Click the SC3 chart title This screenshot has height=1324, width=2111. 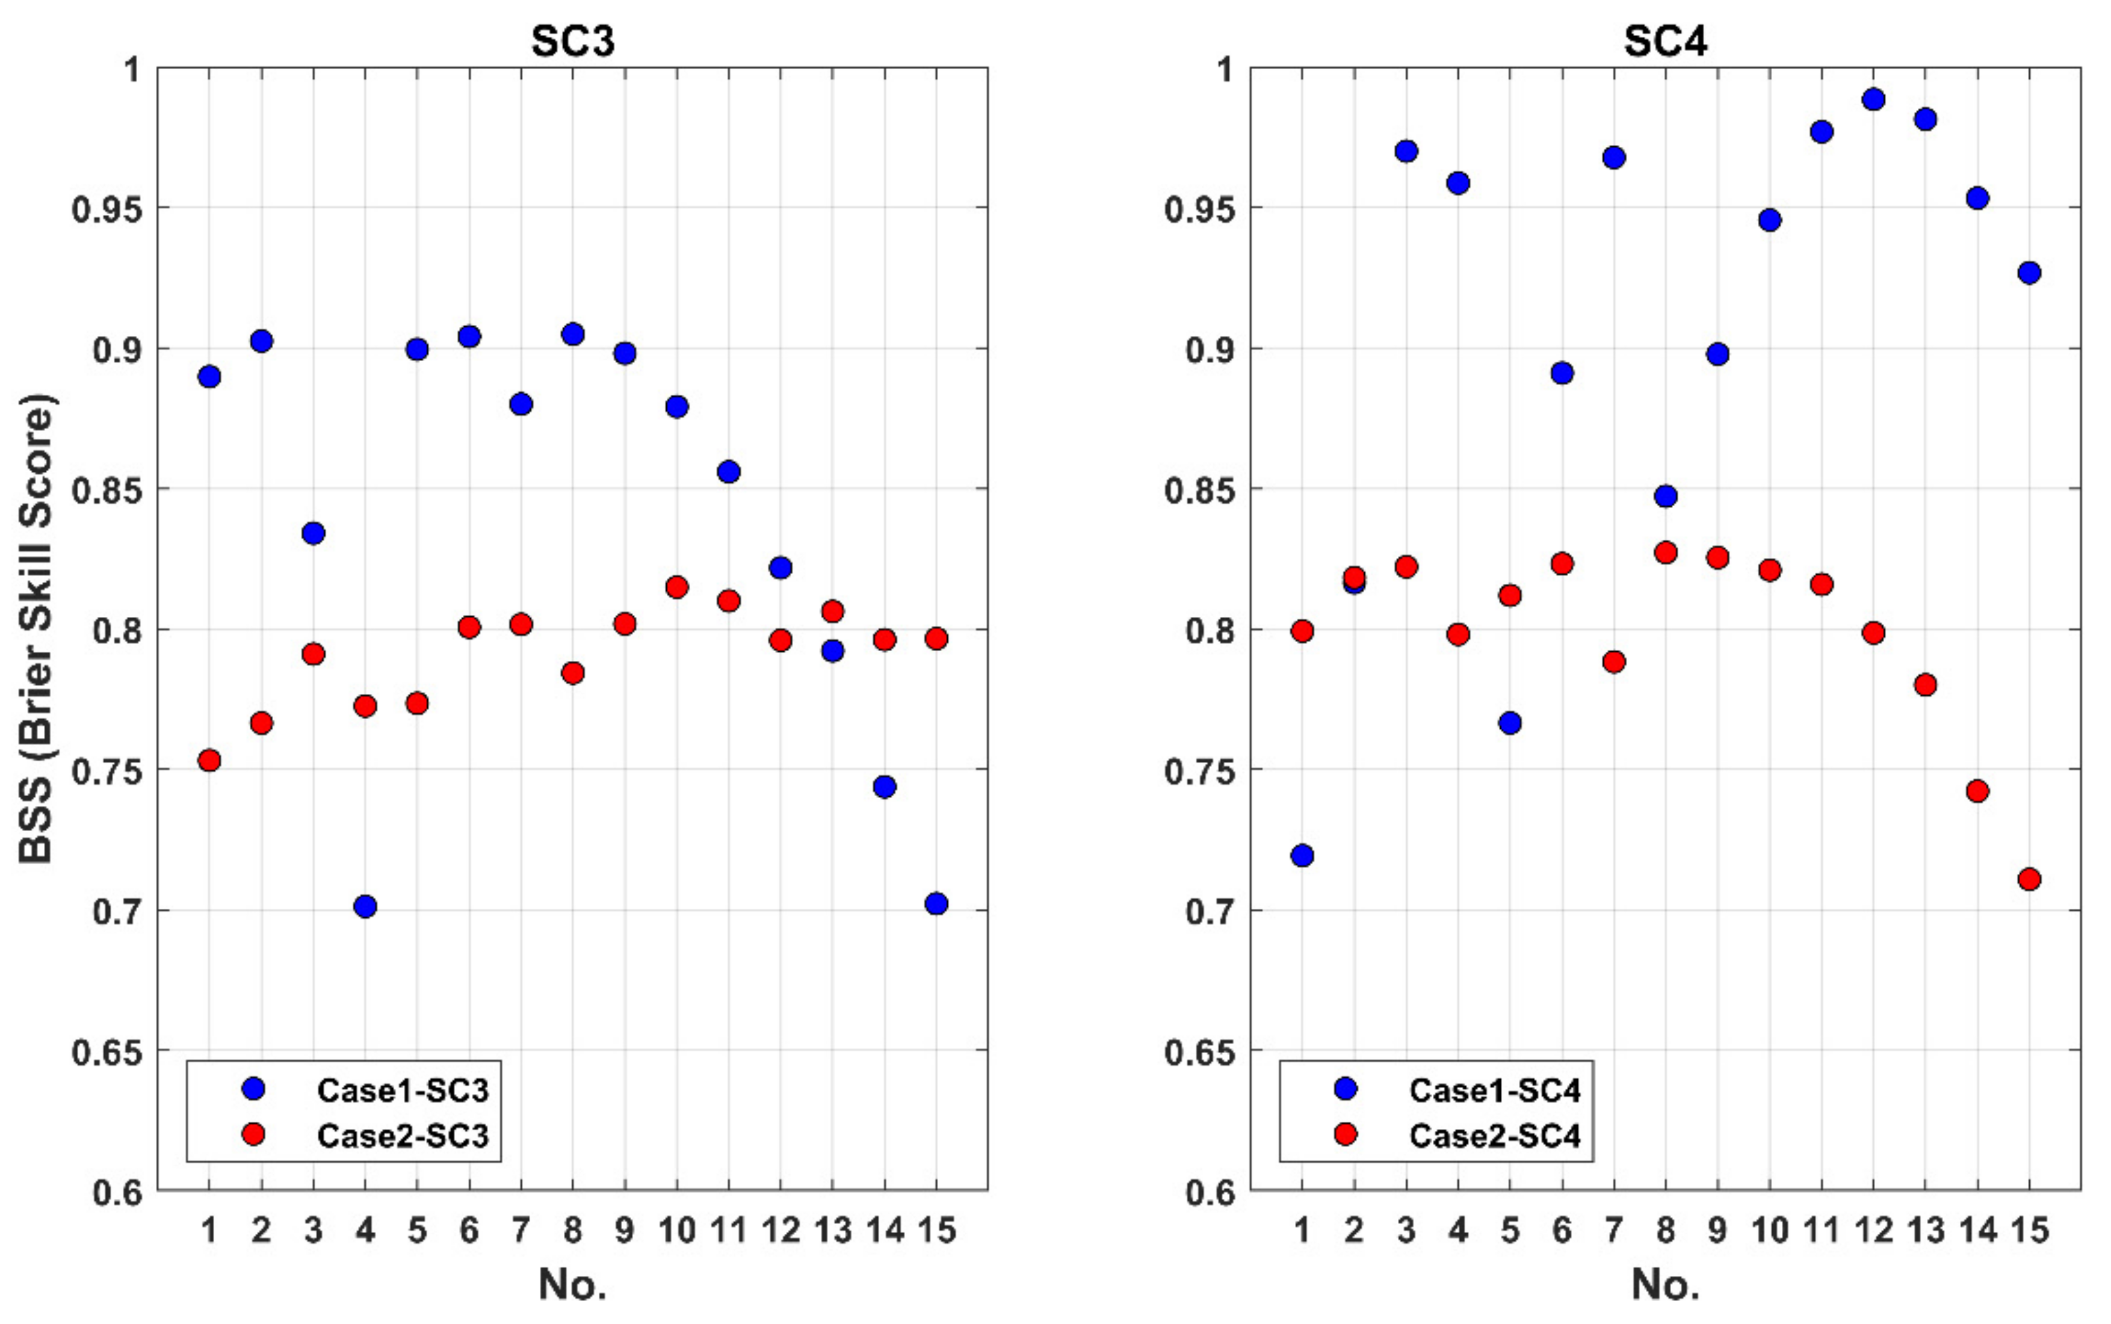tap(573, 41)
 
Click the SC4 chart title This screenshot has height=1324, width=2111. tap(1664, 41)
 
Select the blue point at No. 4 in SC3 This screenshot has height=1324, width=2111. tap(365, 906)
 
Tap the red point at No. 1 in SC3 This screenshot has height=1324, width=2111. tap(209, 760)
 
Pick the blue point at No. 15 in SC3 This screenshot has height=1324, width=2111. tap(936, 904)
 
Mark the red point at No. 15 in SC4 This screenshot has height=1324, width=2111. tap(2029, 879)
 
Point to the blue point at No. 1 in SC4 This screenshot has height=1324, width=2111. tap(1302, 856)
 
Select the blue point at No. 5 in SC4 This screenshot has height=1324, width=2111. tap(1509, 723)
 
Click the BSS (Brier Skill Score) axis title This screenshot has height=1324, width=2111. tap(37, 629)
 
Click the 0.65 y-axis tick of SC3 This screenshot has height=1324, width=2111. tap(107, 1051)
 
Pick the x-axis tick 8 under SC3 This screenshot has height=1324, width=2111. tap(573, 1231)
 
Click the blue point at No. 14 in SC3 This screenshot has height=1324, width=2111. tap(885, 787)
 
